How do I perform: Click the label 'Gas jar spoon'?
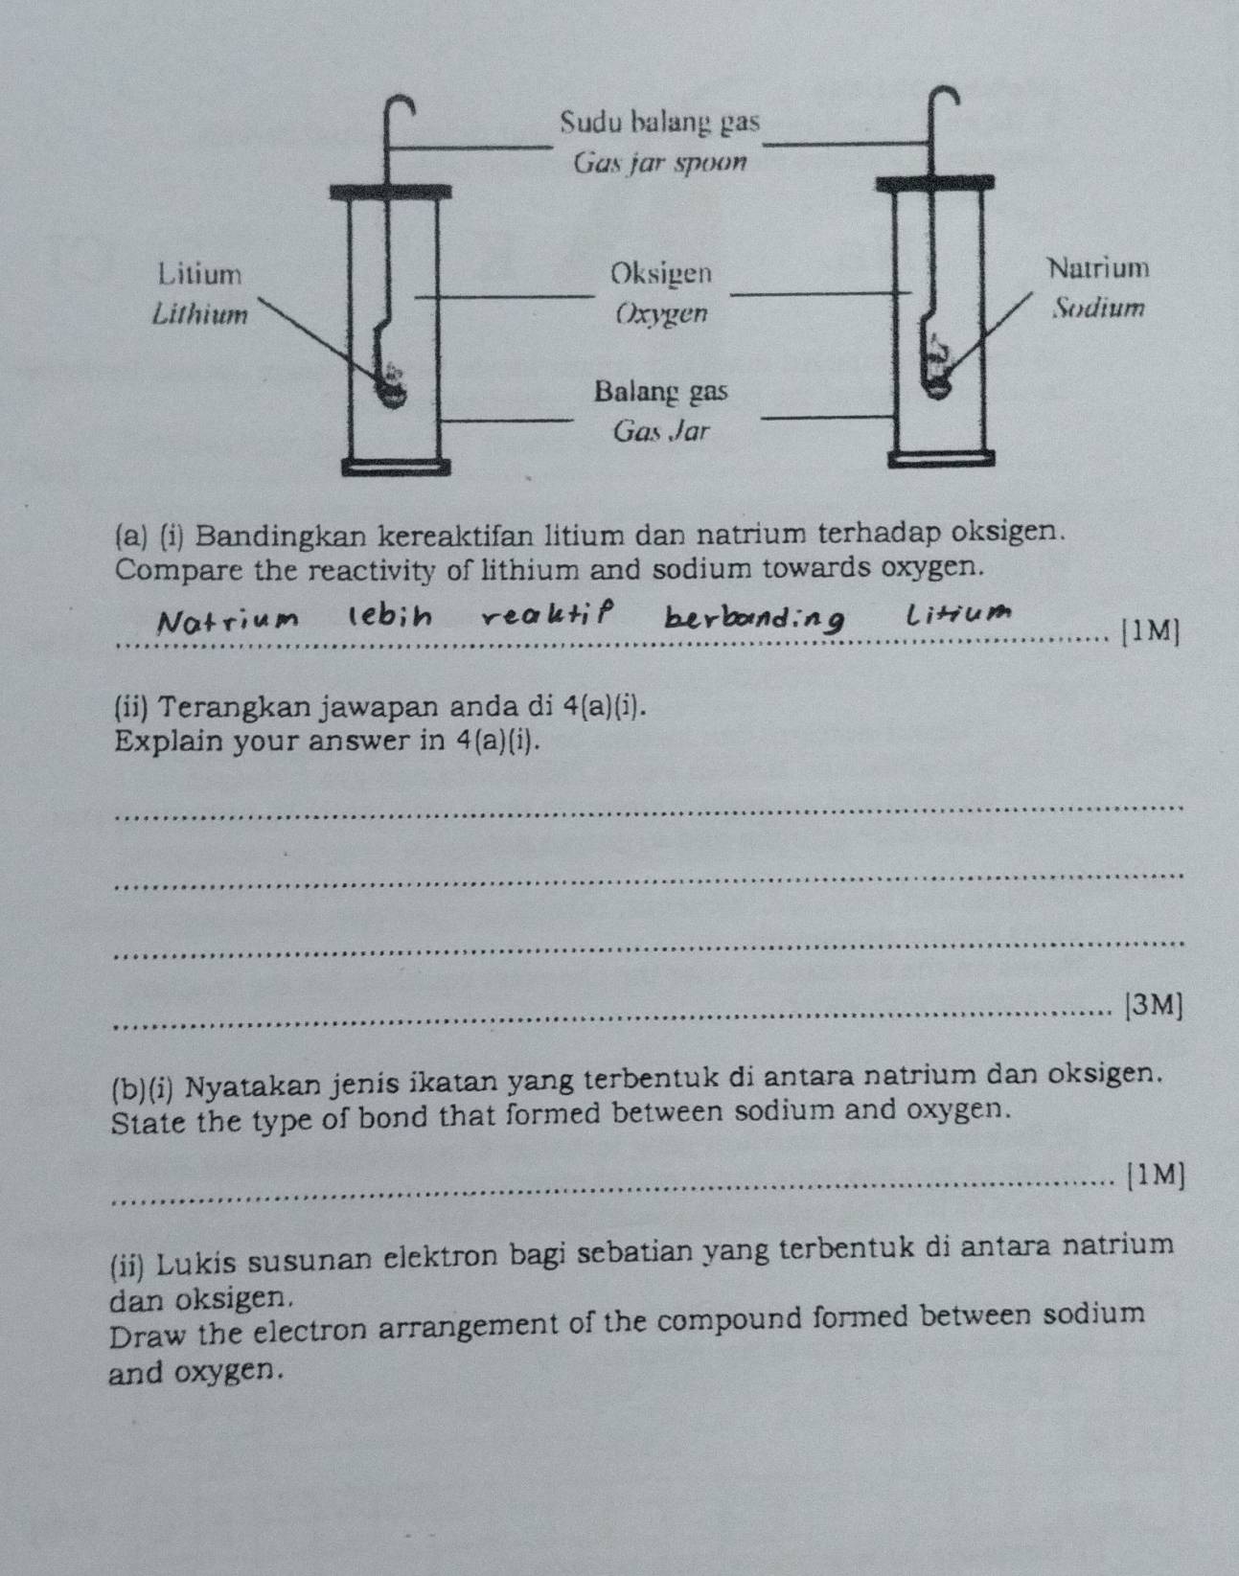tap(659, 163)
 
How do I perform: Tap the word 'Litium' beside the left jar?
tap(200, 274)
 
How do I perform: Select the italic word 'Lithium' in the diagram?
tap(200, 313)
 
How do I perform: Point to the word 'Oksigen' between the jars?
tap(662, 273)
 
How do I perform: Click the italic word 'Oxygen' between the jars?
tap(662, 313)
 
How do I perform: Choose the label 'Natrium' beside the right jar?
tap(1098, 267)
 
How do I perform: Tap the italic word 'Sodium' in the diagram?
tap(1098, 308)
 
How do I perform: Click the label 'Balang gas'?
tap(661, 392)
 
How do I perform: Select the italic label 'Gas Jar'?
tap(661, 431)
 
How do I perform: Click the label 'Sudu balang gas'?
tap(660, 123)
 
